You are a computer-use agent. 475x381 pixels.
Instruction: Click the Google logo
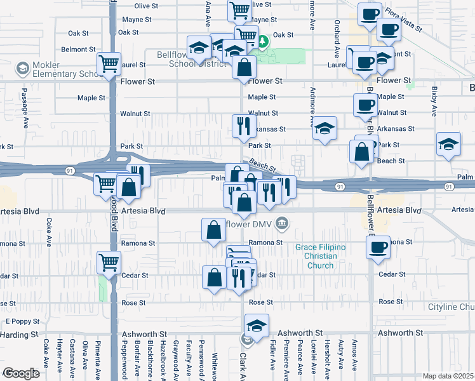[x=20, y=373]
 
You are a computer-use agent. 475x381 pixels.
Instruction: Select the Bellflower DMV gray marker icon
[x=283, y=223]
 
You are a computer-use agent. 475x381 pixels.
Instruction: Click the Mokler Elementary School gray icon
[x=23, y=67]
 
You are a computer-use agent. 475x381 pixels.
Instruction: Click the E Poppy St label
[x=22, y=322]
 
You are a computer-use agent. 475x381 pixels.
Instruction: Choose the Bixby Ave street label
[x=434, y=102]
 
